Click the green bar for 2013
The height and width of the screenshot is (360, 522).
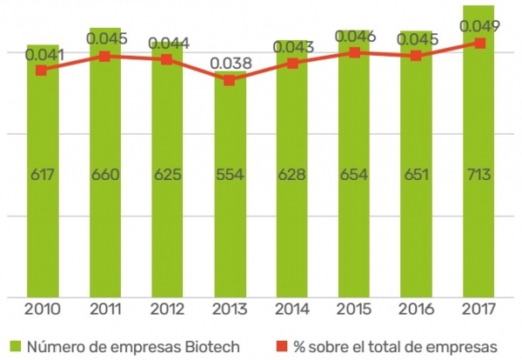pos(229,217)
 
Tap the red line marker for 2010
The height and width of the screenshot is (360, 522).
pos(41,70)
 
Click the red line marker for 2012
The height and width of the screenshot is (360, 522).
pos(166,59)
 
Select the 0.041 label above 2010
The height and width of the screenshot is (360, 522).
pos(43,55)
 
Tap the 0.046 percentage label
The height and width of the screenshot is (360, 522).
pos(355,37)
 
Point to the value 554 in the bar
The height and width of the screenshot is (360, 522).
pos(229,174)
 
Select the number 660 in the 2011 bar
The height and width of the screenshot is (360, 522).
pos(104,174)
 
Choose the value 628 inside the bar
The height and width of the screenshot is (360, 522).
pos(291,174)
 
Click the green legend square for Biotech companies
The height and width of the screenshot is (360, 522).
pos(16,346)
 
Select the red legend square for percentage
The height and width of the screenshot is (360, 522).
pos(281,346)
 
